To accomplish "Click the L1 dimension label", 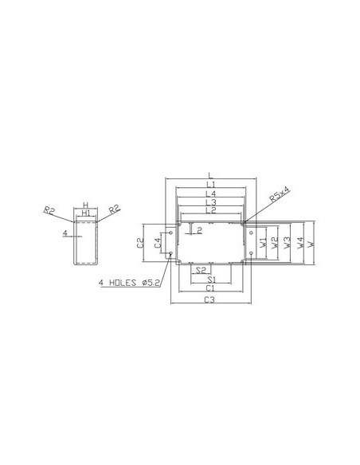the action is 210,185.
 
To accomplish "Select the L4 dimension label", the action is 211,193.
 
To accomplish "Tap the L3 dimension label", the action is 211,202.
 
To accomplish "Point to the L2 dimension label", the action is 211,210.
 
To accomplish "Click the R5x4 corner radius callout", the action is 279,194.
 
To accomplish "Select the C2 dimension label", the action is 140,243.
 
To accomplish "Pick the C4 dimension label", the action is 158,243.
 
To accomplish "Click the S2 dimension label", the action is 201,270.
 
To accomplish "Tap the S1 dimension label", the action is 211,279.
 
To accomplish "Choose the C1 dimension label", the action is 210,287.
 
